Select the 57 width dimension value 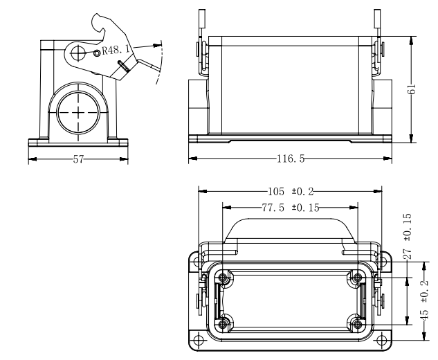78,159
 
